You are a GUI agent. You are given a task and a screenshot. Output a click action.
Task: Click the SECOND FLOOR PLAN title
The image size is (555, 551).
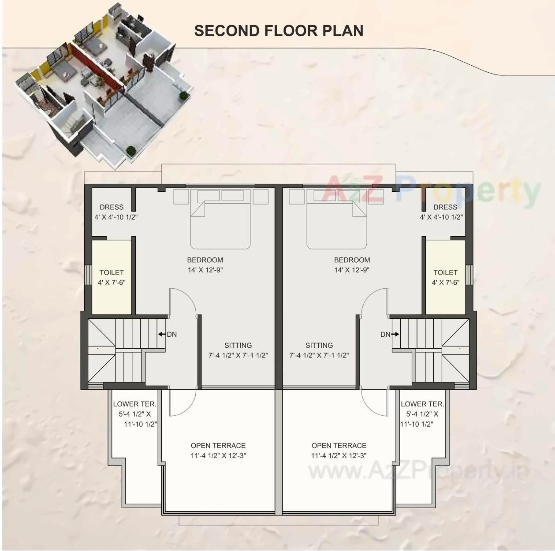click(279, 30)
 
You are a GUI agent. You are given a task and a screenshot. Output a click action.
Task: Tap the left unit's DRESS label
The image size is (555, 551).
click(112, 207)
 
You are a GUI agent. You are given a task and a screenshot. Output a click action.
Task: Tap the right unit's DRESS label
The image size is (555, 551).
click(445, 207)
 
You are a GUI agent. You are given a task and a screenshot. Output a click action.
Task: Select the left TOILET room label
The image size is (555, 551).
click(112, 272)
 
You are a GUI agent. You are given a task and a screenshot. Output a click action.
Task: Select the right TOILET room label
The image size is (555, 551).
click(445, 272)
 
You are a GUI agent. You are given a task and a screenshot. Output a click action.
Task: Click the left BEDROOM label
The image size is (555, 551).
click(205, 260)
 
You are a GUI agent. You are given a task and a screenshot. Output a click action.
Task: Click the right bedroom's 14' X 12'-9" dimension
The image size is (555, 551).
click(352, 270)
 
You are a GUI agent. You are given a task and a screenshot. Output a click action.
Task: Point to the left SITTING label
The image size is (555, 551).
click(238, 345)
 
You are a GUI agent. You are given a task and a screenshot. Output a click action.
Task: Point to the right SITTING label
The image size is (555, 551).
click(319, 345)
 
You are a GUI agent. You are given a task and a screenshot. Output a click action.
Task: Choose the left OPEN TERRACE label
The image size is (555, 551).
click(218, 446)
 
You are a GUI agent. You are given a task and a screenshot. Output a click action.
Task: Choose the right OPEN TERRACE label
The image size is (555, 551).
click(339, 446)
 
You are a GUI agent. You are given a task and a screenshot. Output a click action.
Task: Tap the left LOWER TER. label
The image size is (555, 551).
click(134, 404)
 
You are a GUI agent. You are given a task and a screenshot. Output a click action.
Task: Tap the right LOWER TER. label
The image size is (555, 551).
click(422, 404)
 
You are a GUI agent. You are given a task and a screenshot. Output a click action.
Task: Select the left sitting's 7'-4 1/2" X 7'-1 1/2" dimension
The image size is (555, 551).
click(238, 355)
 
